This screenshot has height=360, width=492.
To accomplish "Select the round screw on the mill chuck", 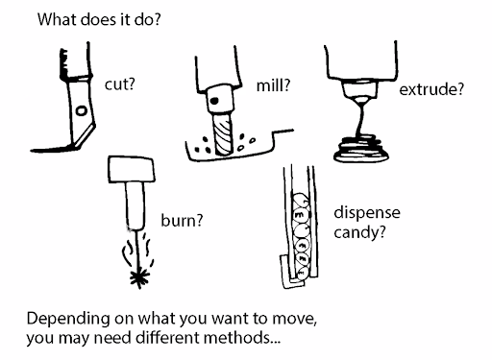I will [219, 96].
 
